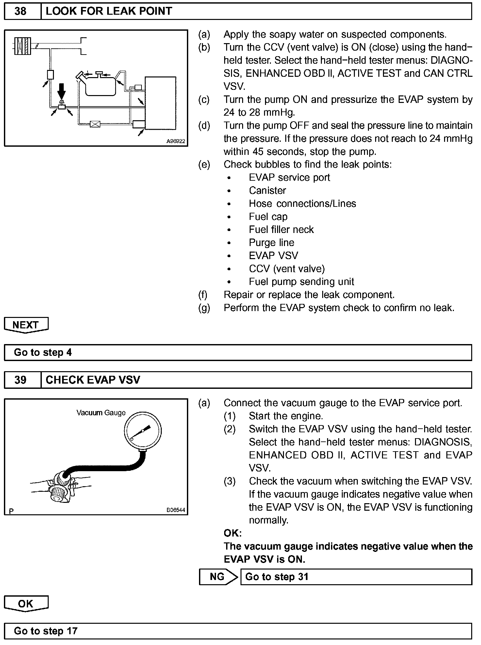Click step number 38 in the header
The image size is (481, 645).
pos(20,11)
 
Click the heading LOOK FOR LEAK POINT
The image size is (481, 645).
pos(108,11)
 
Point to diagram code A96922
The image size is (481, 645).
pos(175,141)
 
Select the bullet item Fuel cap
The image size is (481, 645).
pos(268,217)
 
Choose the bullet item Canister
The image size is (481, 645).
pos(267,190)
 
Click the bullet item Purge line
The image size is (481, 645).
pos(271,243)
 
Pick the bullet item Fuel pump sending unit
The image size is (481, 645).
pos(301,282)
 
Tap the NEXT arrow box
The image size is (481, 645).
pos(26,325)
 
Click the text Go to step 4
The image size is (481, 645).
pos(42,353)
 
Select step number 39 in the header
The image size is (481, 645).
pos(20,380)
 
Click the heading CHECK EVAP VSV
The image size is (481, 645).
pos(93,380)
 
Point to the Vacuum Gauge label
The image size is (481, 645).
pos(101,413)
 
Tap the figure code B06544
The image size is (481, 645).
pos(175,510)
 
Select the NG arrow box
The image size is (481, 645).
pos(218,577)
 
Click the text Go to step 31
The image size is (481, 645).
pos(276,577)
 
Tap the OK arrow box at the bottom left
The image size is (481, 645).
pos(26,604)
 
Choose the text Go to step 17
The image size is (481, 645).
pos(45,631)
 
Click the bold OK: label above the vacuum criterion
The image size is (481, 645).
pos(232,533)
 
